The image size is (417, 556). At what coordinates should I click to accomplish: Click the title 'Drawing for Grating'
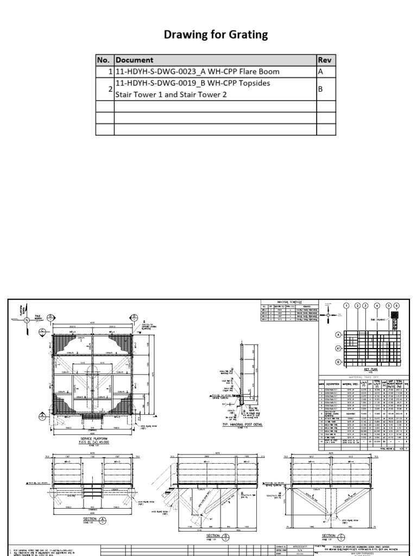click(216, 35)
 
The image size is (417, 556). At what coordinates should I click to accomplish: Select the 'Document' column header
click(135, 60)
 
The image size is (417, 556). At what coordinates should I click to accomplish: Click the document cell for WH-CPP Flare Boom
click(198, 72)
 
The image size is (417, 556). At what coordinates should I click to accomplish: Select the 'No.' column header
click(104, 60)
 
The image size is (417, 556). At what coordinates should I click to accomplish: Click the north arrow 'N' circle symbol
click(26, 321)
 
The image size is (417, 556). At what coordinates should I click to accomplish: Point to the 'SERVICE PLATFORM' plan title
click(94, 439)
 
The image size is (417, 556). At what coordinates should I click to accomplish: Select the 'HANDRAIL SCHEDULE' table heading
click(289, 302)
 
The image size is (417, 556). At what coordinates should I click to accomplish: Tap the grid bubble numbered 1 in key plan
click(346, 306)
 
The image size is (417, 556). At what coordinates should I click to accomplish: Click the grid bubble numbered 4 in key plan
click(376, 306)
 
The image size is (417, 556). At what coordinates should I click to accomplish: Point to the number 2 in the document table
click(110, 89)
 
